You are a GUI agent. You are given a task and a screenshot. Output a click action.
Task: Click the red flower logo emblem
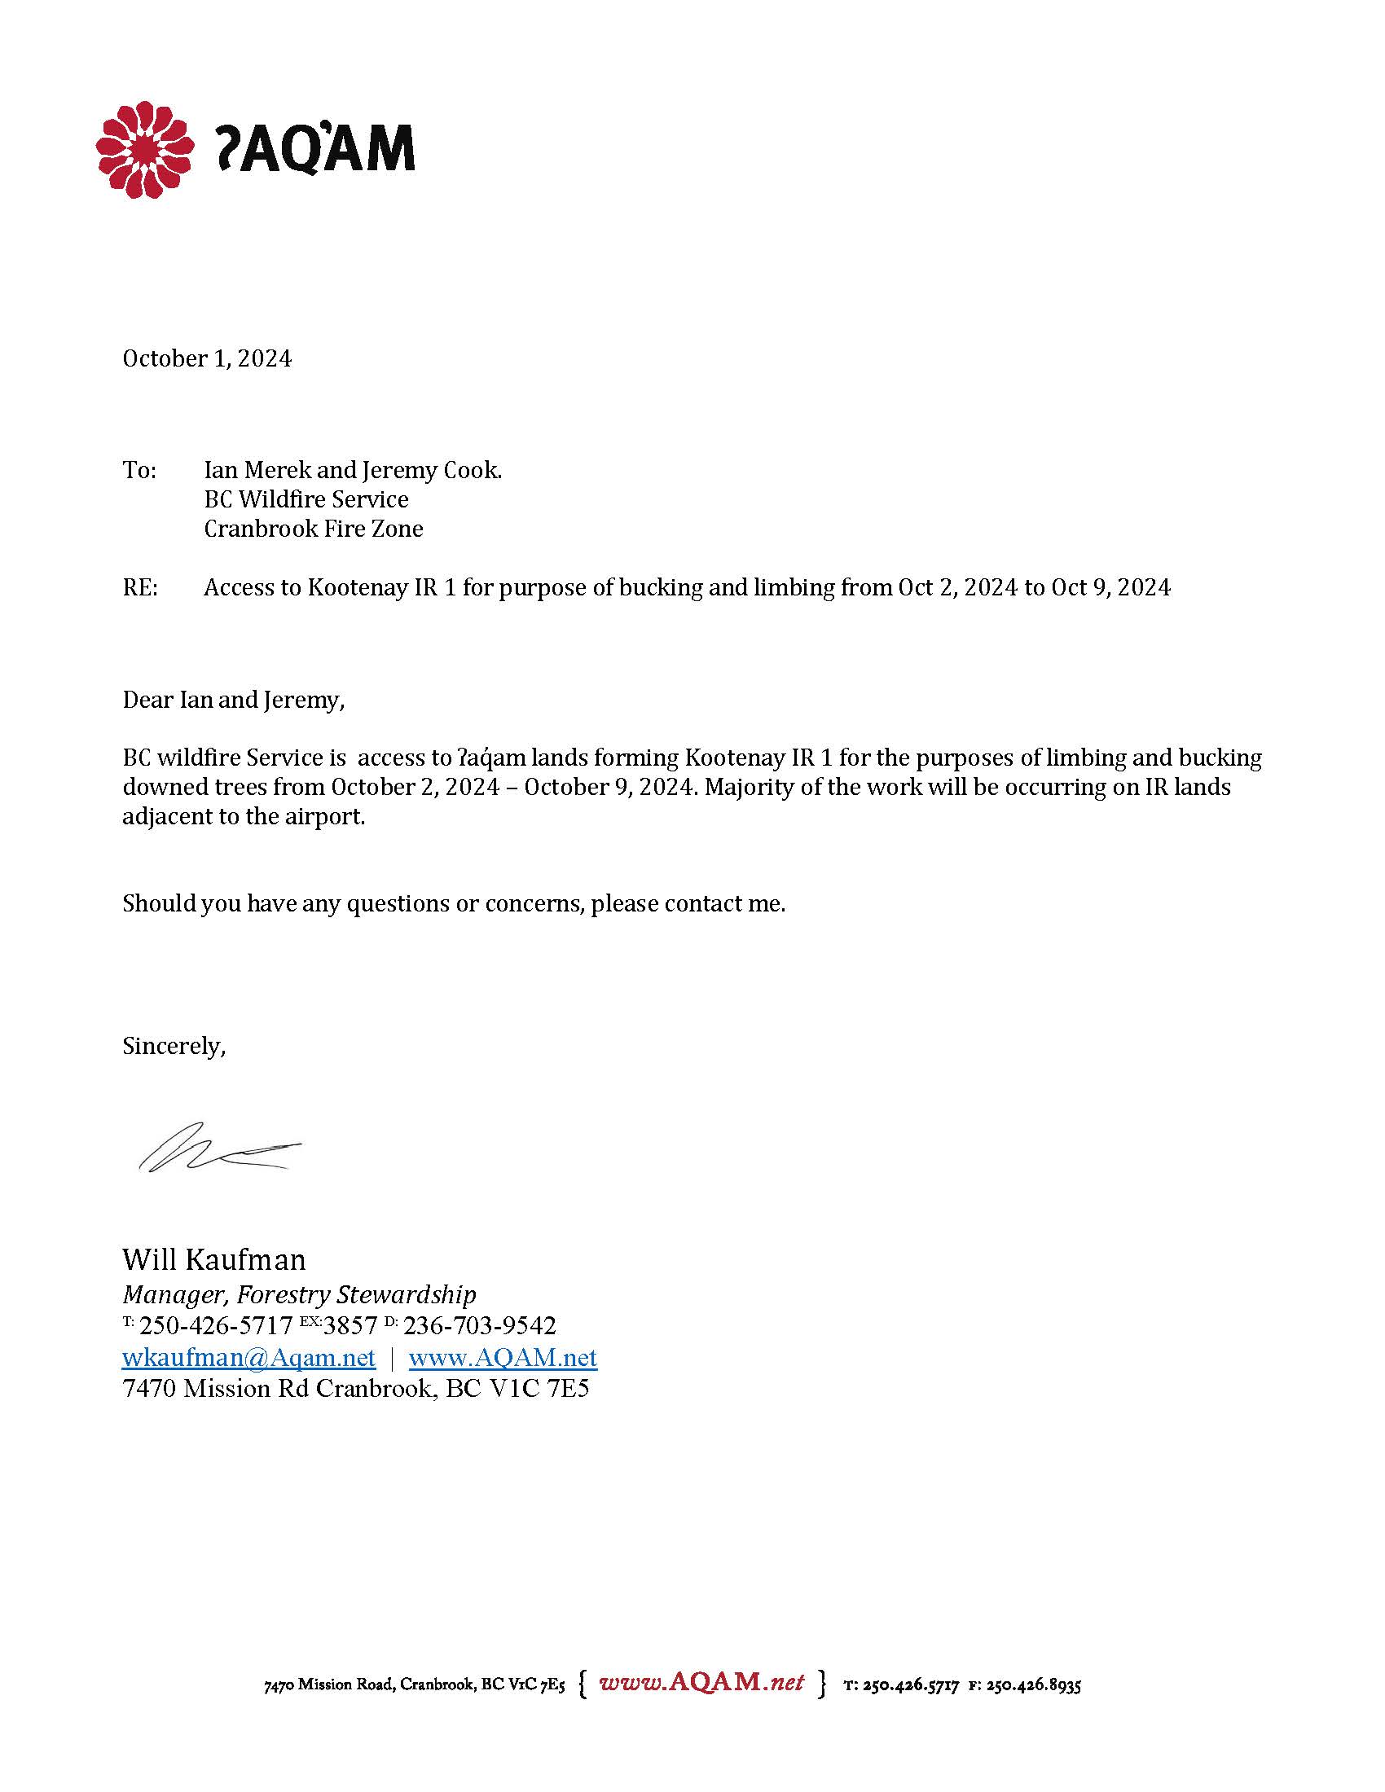tap(144, 149)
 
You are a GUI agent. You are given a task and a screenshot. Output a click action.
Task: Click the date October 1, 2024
tap(207, 358)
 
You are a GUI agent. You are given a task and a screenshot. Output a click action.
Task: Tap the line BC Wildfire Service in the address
tap(306, 499)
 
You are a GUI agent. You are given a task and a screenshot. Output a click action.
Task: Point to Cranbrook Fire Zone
tap(314, 529)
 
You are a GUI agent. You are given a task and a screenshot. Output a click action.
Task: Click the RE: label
tap(139, 587)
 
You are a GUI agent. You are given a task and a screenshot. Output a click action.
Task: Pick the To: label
tap(138, 470)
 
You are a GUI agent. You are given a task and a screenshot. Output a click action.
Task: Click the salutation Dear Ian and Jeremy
tap(233, 700)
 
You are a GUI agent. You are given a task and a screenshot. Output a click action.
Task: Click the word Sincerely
tap(173, 1045)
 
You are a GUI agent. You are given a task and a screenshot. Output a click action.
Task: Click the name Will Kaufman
tap(213, 1258)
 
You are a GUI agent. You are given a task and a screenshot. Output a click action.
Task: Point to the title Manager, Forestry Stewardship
tap(299, 1295)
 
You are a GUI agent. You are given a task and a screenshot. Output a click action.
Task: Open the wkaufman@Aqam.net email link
tap(248, 1358)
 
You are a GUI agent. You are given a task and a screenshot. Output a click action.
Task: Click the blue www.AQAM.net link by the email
tap(502, 1358)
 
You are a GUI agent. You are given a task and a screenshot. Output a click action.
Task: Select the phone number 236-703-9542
tap(479, 1326)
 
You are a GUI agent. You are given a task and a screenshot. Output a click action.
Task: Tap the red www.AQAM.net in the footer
tap(701, 1682)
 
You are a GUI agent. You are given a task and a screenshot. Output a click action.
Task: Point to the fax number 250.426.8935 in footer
tap(1033, 1686)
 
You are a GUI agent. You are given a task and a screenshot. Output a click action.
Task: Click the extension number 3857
tap(350, 1326)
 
